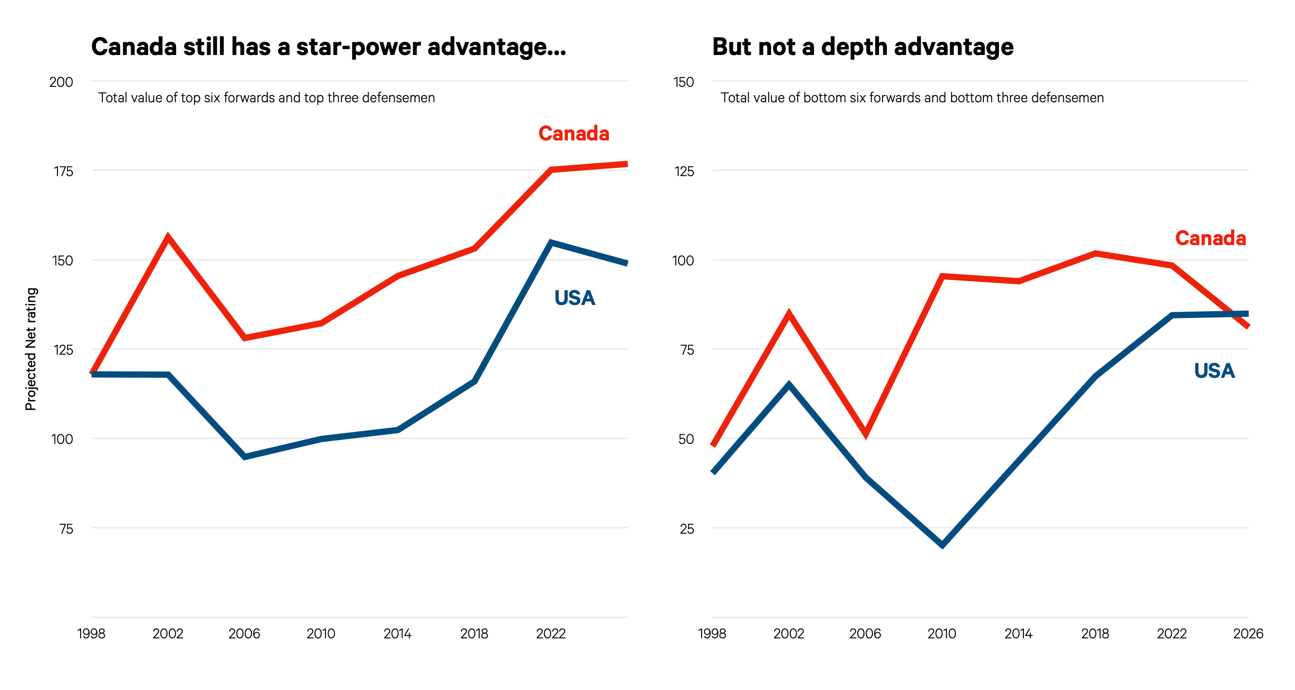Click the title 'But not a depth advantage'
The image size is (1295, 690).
(863, 47)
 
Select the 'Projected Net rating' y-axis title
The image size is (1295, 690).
(31, 349)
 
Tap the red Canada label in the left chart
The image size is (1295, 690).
(574, 134)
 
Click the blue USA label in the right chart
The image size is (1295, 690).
(1214, 371)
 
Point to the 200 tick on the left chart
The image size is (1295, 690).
(61, 82)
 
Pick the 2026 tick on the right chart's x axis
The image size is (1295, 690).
(1248, 634)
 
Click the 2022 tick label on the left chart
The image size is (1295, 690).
(551, 634)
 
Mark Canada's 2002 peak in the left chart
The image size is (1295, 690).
(168, 237)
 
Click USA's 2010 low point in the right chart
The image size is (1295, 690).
(942, 545)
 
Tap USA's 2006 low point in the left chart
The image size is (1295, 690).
(245, 456)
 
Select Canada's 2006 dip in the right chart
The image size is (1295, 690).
(866, 433)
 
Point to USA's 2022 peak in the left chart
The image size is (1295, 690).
(551, 243)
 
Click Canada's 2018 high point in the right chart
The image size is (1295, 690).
(1095, 253)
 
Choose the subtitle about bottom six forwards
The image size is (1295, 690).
(912, 97)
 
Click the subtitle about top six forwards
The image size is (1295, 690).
(266, 97)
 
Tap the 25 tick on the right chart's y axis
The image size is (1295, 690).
(687, 528)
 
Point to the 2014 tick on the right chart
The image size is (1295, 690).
(1019, 634)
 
